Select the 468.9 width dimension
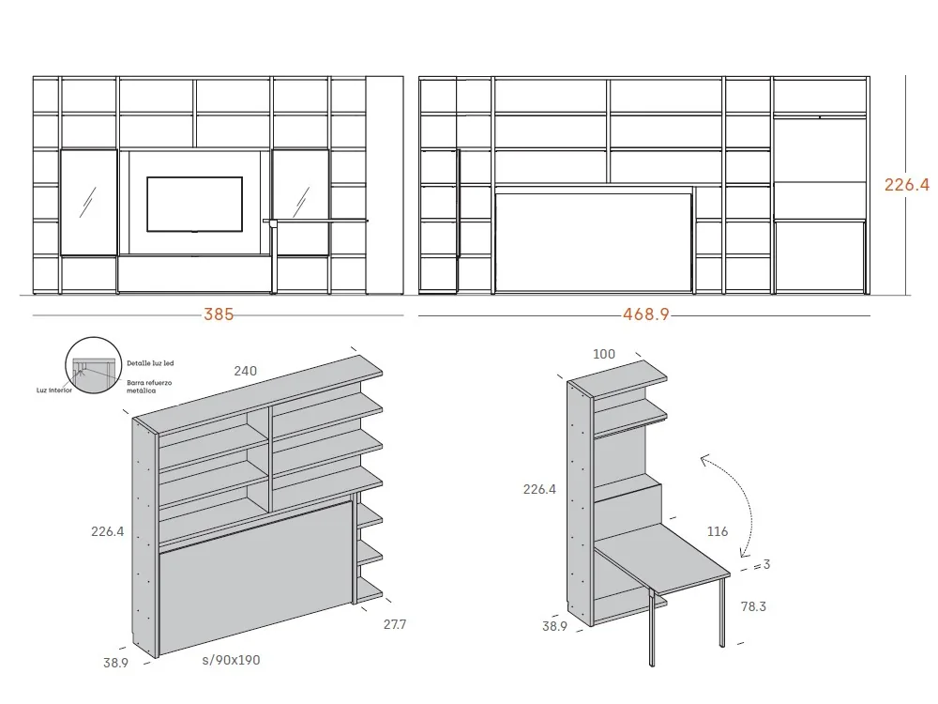[646, 315]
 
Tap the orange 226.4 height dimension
[906, 185]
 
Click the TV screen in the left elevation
[194, 203]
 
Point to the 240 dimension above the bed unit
[245, 371]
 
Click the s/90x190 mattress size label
[231, 660]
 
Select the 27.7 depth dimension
[394, 623]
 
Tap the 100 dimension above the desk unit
[605, 354]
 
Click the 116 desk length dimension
[718, 531]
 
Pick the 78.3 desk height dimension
[753, 606]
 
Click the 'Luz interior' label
[54, 390]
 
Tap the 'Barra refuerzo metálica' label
[147, 387]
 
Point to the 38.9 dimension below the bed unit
[117, 662]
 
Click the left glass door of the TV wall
[88, 202]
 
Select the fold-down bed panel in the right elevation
[594, 241]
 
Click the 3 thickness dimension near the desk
[766, 565]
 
